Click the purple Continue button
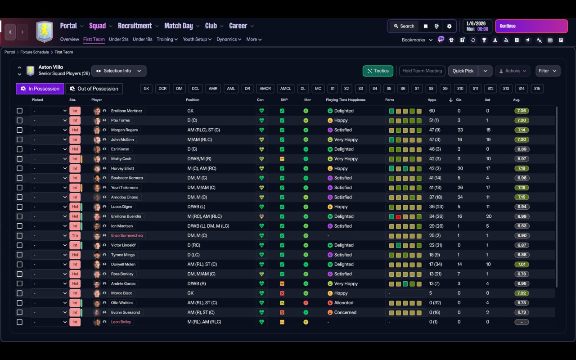click(x=531, y=26)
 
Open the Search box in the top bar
click(x=404, y=26)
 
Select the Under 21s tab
click(x=118, y=39)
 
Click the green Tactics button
click(x=378, y=71)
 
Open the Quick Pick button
click(x=463, y=71)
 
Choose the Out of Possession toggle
click(x=94, y=89)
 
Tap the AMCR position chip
click(x=265, y=89)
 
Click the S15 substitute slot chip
click(x=537, y=89)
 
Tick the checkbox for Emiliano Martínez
click(x=19, y=111)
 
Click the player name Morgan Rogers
click(x=125, y=130)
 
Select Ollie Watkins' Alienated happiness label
click(x=344, y=303)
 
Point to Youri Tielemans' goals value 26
click(x=460, y=188)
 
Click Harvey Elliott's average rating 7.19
click(x=522, y=168)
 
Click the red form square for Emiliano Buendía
click(x=398, y=217)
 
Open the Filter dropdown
click(x=548, y=71)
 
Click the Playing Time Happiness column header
click(x=346, y=100)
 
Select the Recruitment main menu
click(x=135, y=26)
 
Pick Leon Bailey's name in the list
click(x=121, y=322)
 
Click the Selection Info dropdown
click(x=119, y=71)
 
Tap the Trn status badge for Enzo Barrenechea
click(x=75, y=235)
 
